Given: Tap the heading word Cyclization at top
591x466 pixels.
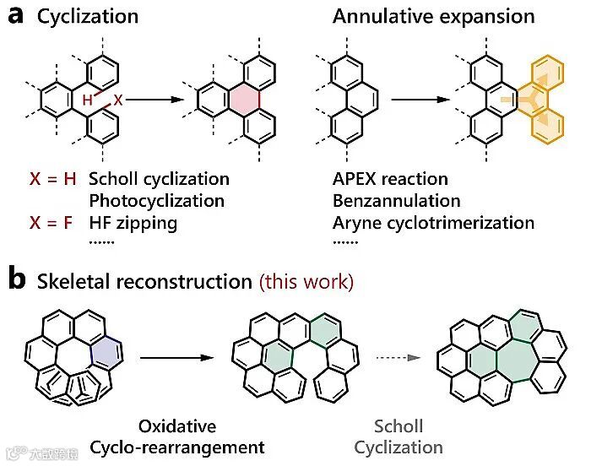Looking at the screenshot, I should click(x=88, y=17).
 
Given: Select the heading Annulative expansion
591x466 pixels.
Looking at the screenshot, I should click(x=433, y=17).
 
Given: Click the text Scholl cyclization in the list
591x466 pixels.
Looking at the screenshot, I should click(x=158, y=179).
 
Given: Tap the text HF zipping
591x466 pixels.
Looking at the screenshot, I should click(x=133, y=223).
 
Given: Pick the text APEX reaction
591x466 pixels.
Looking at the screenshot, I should click(x=390, y=179).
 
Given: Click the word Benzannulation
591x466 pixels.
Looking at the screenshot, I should click(x=396, y=201).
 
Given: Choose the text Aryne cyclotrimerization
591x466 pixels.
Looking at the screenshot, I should click(x=433, y=223).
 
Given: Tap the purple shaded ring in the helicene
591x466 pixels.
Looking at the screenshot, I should click(x=109, y=350).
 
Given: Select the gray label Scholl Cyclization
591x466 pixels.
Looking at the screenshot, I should click(x=399, y=436).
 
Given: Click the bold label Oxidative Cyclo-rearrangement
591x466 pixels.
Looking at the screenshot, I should click(x=178, y=436).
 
